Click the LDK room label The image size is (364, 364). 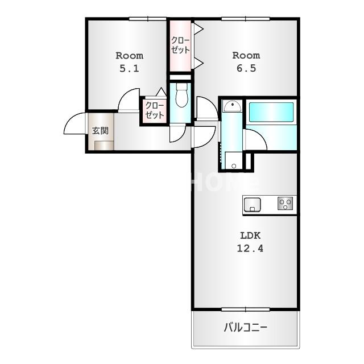250,235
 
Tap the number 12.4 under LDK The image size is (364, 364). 250,248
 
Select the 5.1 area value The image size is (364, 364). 129,68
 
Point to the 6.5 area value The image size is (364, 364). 246,68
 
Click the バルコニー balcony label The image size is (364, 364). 245,328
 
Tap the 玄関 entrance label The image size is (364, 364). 101,130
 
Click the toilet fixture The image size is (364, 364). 181,96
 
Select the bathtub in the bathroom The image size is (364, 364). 271,111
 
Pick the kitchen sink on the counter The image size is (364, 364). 252,204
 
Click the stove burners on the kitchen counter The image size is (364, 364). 286,204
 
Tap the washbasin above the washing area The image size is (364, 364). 231,106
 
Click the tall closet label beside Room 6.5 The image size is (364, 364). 181,45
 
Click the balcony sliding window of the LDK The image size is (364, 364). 245,309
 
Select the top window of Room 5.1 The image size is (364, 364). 147,19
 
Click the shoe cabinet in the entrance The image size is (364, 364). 104,145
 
